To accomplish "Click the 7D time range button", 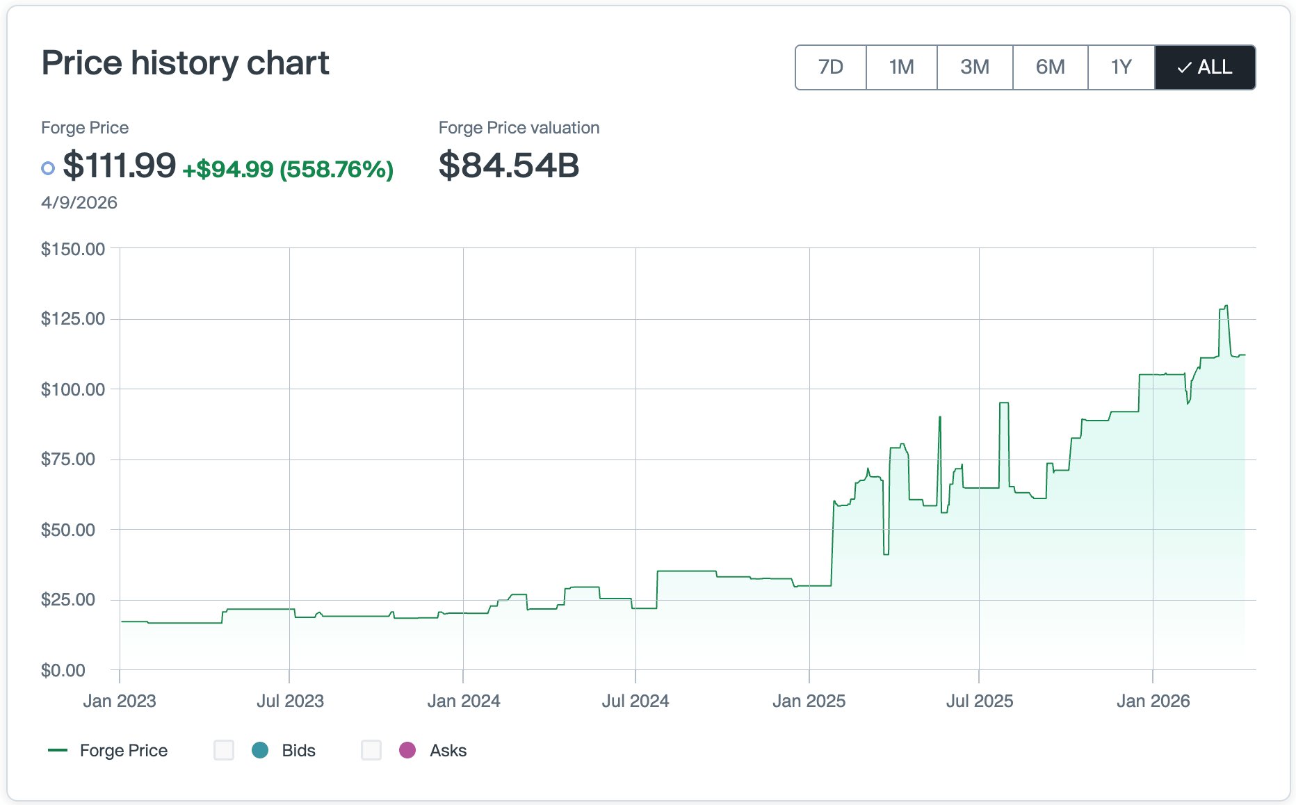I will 830,67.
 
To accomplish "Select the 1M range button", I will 901,67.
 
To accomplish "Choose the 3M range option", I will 974,67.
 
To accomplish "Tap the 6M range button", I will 1050,67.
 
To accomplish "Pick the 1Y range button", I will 1121,67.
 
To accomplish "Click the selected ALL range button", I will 1205,67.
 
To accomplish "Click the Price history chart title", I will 185,63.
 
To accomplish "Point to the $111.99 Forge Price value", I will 119,165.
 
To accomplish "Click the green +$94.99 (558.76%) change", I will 288,169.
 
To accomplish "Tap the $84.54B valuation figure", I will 508,165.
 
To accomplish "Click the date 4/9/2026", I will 79,202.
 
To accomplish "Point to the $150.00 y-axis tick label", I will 73,249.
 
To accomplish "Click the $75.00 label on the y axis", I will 68,459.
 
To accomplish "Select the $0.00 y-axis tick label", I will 63,670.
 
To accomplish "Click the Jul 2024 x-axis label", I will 635,701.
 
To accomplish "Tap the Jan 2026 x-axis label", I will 1153,701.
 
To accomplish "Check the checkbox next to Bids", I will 224,750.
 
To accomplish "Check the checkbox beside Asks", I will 371,750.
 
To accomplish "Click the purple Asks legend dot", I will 407,750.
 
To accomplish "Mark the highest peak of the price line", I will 1226,306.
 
